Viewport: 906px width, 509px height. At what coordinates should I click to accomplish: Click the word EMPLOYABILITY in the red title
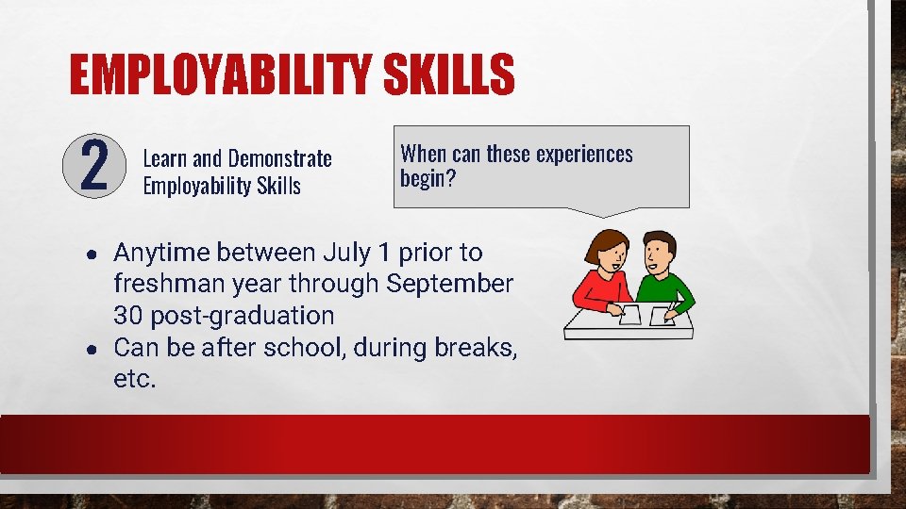218,74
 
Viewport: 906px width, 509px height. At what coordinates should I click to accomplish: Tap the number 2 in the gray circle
92,165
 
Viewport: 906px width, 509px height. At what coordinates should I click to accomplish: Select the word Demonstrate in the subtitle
280,157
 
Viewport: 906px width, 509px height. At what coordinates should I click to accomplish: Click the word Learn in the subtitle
164,157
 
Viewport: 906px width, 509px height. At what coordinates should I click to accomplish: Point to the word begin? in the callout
428,178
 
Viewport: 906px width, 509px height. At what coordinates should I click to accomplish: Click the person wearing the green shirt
664,273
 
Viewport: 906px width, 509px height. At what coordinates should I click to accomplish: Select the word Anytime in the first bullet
159,253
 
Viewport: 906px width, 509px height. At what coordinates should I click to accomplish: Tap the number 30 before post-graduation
127,316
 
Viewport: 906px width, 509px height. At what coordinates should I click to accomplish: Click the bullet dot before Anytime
88,254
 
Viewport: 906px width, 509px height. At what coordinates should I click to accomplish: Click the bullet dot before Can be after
88,350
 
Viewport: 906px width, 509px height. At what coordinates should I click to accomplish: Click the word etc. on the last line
135,380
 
